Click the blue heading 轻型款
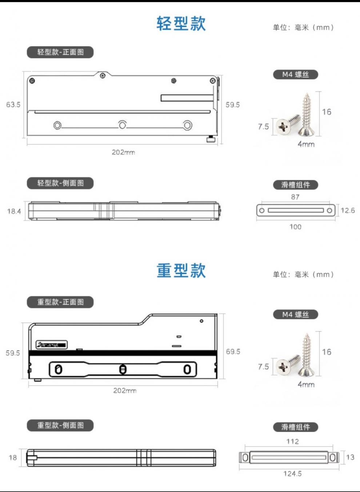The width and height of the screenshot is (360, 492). pyautogui.click(x=181, y=24)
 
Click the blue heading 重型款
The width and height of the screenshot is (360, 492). pyautogui.click(x=181, y=271)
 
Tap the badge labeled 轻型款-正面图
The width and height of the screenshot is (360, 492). pyautogui.click(x=60, y=52)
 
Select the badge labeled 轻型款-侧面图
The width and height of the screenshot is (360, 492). pyautogui.click(x=60, y=183)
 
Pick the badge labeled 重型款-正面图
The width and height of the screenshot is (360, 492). pyautogui.click(x=60, y=302)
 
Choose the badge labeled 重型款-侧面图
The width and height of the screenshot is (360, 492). pyautogui.click(x=60, y=425)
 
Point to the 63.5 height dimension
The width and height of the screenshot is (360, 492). pyautogui.click(x=13, y=105)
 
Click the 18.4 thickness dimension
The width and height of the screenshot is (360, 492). pyautogui.click(x=14, y=211)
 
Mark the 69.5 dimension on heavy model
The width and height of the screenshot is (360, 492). pyautogui.click(x=233, y=351)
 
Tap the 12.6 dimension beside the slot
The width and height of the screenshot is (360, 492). pyautogui.click(x=347, y=210)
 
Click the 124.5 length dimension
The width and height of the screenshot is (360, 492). pyautogui.click(x=292, y=473)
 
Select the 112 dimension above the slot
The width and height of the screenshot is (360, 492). pyautogui.click(x=292, y=441)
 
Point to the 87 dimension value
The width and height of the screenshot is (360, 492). pyautogui.click(x=295, y=197)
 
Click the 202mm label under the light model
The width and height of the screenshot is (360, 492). pyautogui.click(x=123, y=152)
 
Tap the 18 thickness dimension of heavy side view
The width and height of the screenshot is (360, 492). pyautogui.click(x=13, y=457)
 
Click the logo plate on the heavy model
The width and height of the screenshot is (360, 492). pyautogui.click(x=52, y=344)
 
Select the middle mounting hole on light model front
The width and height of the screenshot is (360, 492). pyautogui.click(x=123, y=125)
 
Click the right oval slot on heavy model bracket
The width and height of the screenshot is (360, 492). pyautogui.click(x=187, y=370)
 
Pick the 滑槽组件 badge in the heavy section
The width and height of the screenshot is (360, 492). pyautogui.click(x=295, y=427)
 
